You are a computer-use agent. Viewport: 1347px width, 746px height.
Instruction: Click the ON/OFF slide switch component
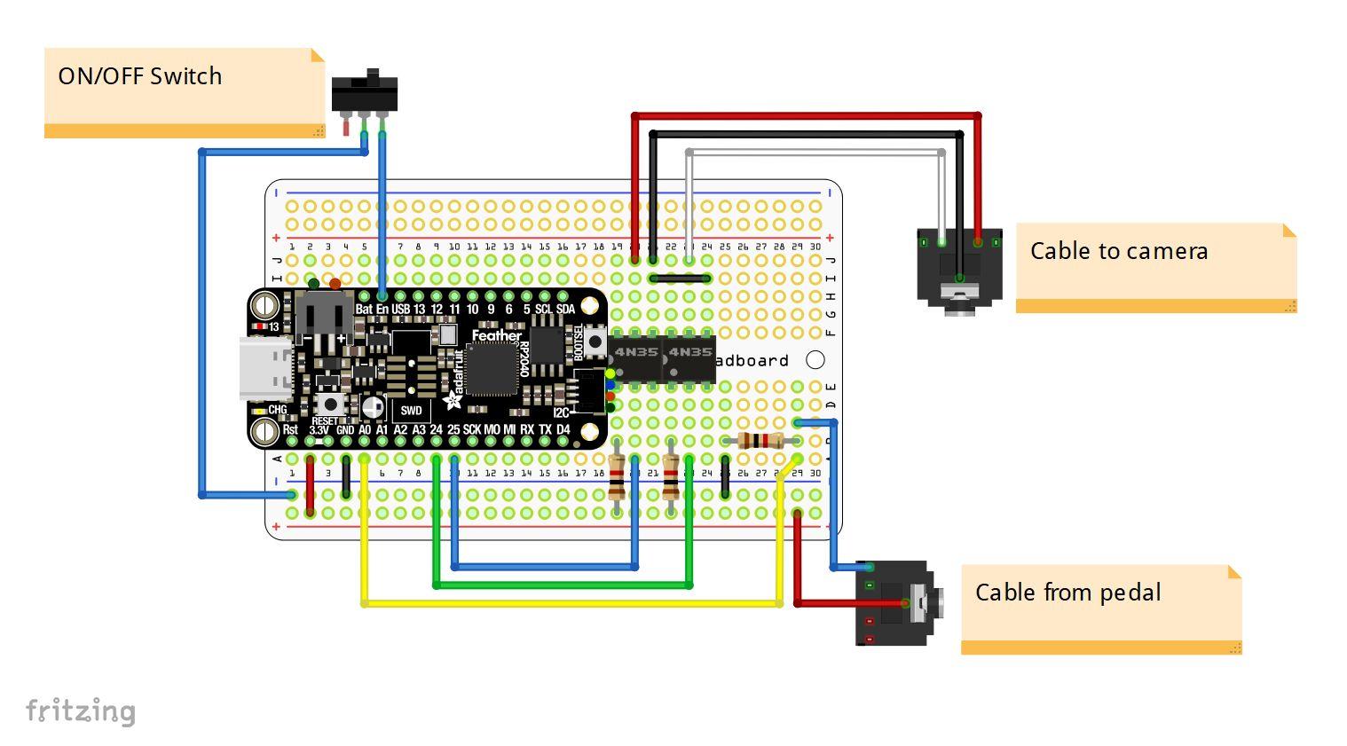[364, 93]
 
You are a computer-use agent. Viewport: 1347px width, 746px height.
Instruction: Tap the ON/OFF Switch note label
[140, 76]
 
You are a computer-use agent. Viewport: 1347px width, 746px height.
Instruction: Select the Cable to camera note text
[1118, 251]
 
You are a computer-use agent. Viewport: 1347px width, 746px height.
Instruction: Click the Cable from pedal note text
[1067, 593]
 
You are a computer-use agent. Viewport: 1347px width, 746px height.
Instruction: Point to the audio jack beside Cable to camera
[959, 267]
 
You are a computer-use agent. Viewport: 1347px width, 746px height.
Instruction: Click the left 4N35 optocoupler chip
[635, 358]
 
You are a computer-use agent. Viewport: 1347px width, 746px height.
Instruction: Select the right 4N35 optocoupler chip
[689, 358]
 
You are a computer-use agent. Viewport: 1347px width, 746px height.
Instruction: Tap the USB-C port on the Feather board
[265, 369]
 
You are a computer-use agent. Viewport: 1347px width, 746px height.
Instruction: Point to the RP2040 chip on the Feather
[491, 369]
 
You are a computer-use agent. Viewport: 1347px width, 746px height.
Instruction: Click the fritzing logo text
[81, 711]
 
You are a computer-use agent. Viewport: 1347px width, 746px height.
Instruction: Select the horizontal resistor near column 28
[761, 441]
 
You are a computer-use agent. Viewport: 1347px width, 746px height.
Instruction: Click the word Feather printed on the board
[496, 335]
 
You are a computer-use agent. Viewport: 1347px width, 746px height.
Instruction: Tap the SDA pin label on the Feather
[565, 310]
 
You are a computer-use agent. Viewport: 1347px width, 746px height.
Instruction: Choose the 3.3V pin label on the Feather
[319, 430]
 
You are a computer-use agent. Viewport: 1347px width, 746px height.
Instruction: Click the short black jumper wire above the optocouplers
[680, 279]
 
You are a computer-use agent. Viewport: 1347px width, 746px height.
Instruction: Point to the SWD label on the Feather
[411, 411]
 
